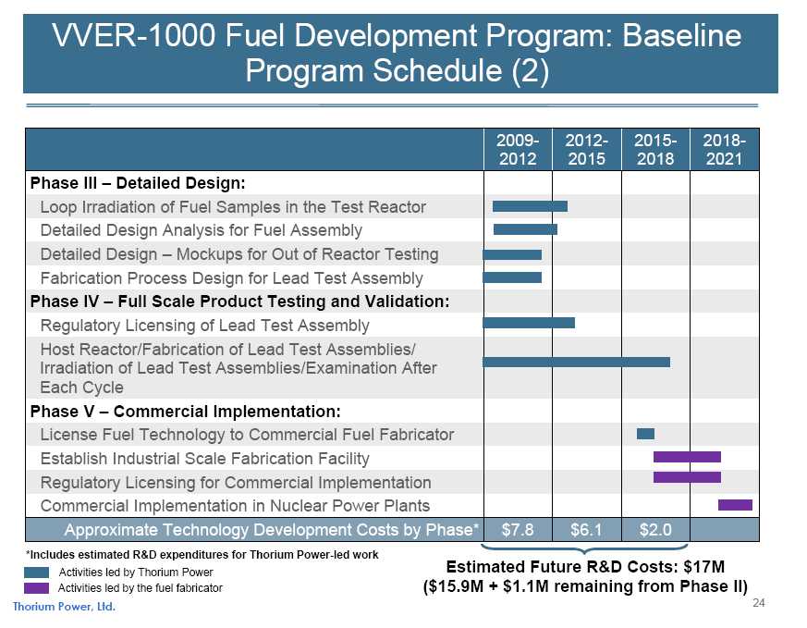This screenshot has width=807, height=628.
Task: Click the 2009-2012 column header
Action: pos(518,149)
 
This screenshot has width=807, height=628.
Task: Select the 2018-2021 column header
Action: pos(724,149)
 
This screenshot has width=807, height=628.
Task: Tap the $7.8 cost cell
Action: pos(518,530)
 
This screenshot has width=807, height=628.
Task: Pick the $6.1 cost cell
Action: pos(586,530)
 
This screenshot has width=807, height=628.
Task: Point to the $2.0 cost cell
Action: pos(655,530)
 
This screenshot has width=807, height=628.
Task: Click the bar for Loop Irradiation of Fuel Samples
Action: pos(530,206)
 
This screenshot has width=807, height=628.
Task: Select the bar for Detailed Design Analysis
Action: pos(525,229)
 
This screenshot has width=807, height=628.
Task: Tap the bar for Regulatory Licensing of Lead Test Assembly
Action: pos(529,323)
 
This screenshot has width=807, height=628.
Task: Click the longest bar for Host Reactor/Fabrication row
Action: pos(577,362)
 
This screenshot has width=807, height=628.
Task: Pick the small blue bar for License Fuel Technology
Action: pos(645,434)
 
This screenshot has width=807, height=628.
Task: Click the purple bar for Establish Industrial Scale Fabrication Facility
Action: pos(687,457)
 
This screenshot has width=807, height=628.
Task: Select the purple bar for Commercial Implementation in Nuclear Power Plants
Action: pos(735,505)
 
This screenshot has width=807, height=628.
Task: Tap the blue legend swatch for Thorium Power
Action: pos(37,573)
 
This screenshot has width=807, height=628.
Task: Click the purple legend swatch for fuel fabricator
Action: pos(37,588)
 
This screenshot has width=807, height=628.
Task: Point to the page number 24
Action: pos(759,603)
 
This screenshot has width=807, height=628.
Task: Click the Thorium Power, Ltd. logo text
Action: pos(64,607)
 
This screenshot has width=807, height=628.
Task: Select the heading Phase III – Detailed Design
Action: pos(138,183)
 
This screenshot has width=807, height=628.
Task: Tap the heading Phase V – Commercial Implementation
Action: pos(185,412)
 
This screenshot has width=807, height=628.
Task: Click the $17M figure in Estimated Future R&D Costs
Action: pos(704,567)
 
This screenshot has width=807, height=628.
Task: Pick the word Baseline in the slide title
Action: pos(682,36)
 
